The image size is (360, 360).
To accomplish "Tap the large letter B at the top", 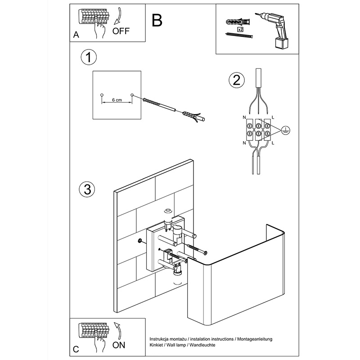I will coord(157,20).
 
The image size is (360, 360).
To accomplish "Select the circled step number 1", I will coord(89,58).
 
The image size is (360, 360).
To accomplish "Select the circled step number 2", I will coord(237,81).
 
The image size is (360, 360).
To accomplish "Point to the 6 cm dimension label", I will coord(117,100).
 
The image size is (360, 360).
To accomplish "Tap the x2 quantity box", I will coord(240,29).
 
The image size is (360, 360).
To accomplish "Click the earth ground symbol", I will coord(284,130).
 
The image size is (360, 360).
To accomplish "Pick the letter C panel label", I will coord(76,349).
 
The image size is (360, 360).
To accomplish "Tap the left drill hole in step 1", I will coord(102,95).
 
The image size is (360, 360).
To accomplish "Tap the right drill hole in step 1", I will coord(132,95).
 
